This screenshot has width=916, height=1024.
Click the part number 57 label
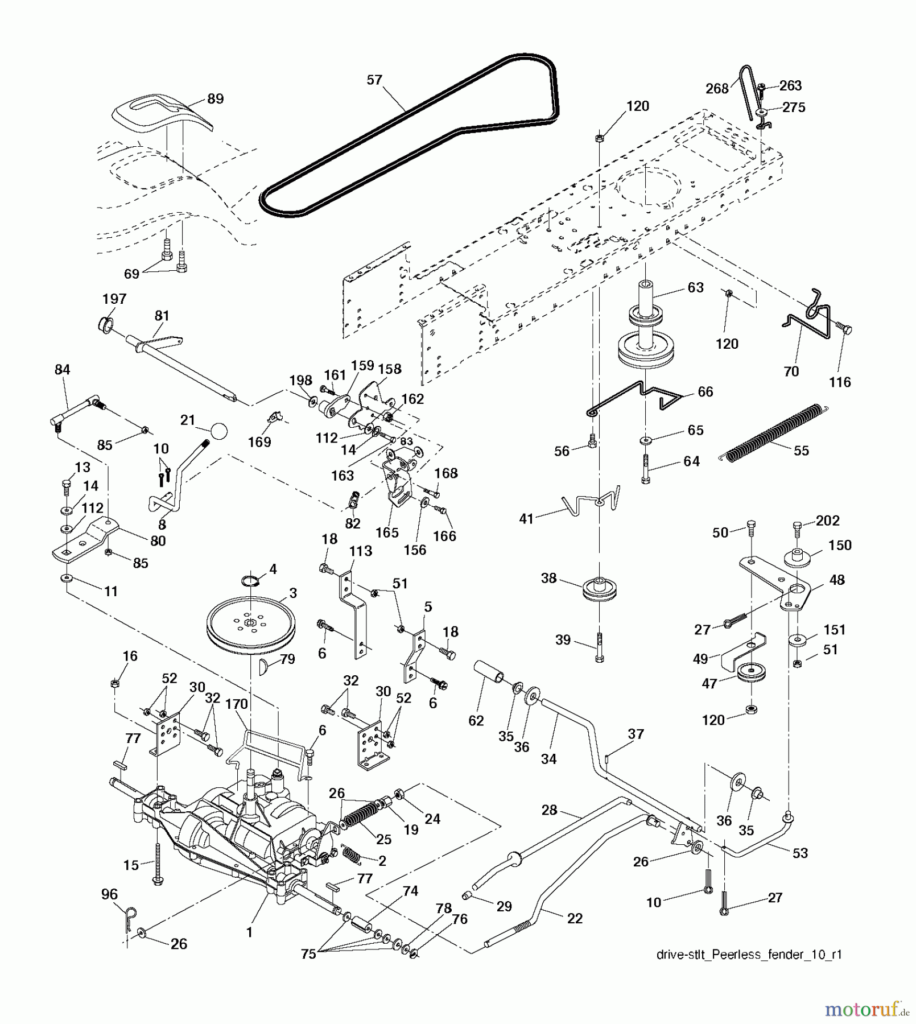[x=374, y=80]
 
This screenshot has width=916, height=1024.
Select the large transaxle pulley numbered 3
[x=250, y=625]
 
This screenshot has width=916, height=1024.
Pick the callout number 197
[x=114, y=299]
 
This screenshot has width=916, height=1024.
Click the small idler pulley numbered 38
[x=599, y=589]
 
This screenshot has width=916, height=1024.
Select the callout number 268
[x=717, y=89]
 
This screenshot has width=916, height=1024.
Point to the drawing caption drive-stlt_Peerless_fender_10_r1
[x=749, y=955]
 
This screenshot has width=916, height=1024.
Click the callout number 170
[x=236, y=704]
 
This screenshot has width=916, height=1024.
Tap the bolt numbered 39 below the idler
[x=599, y=648]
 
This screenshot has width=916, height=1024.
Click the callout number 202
[x=827, y=521]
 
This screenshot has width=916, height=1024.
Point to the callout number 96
[x=109, y=894]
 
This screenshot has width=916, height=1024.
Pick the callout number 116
[x=840, y=382]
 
